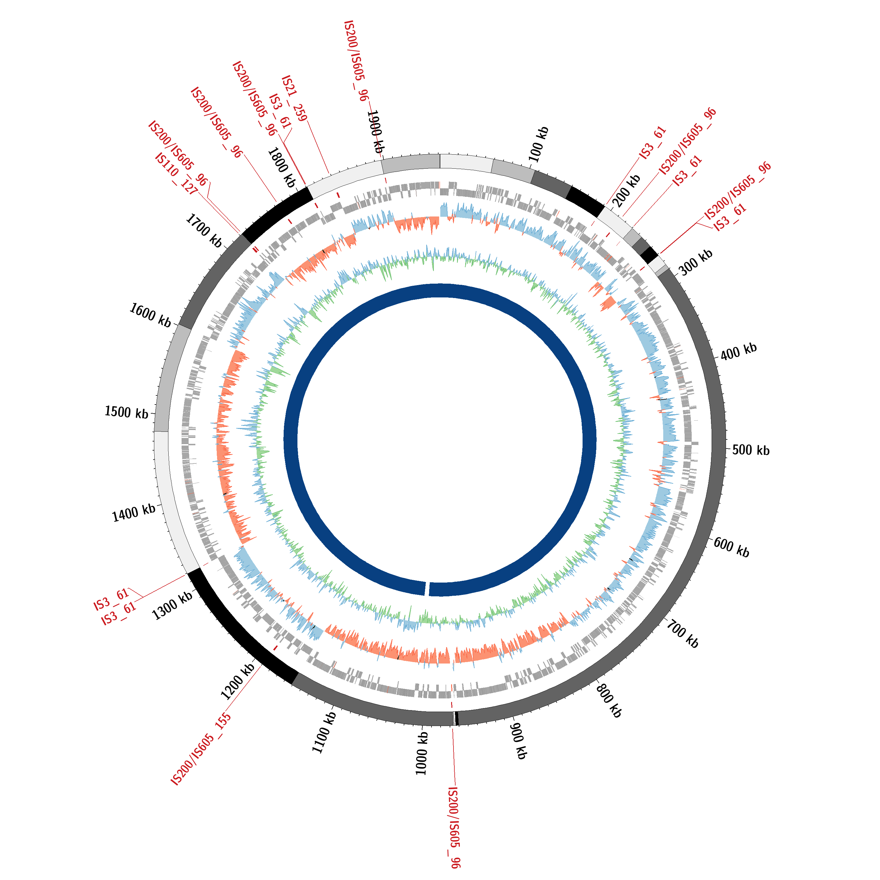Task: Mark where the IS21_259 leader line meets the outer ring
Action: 329,174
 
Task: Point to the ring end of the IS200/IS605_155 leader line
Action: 261,665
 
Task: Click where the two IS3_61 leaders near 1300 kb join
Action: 143,597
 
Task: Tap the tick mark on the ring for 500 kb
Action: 727,449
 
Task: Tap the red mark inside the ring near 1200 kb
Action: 275,648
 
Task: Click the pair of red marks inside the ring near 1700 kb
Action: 255,249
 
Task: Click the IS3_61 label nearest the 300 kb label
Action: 730,217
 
